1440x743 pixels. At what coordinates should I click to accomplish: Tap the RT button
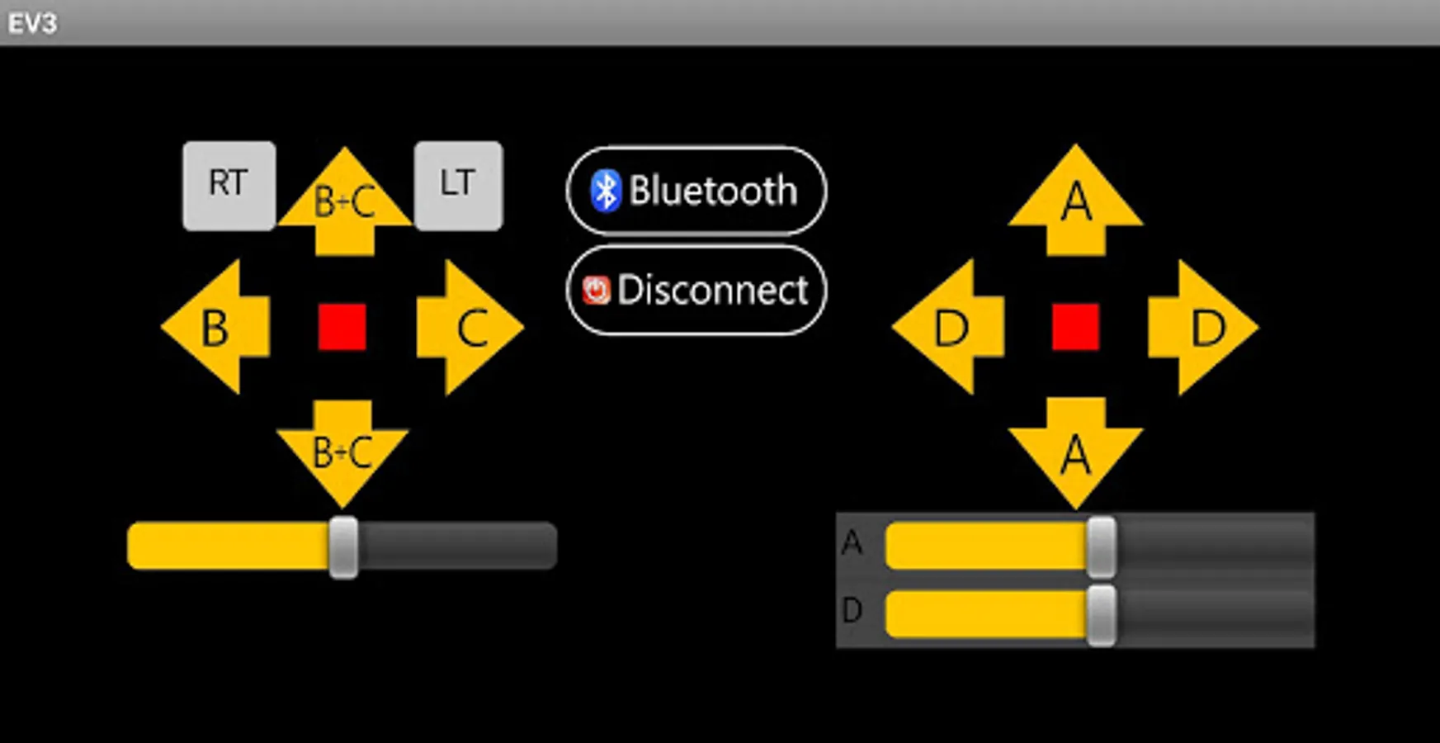tap(229, 186)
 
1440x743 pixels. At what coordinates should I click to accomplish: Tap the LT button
tap(458, 186)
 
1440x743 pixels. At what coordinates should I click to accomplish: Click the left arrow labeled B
tap(215, 327)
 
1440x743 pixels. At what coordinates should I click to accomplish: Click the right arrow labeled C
tap(470, 327)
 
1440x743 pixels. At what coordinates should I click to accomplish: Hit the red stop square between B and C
tap(342, 326)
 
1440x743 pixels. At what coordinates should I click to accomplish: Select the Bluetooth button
tap(696, 191)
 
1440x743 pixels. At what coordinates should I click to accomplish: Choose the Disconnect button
tap(696, 290)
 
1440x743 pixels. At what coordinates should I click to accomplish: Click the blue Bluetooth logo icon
tap(606, 191)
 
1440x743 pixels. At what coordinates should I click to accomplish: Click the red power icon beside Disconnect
tap(596, 290)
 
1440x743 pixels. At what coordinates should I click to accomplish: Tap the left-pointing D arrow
tap(948, 327)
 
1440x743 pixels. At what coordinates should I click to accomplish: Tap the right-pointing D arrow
tap(1203, 327)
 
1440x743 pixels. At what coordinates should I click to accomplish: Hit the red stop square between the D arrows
tap(1075, 326)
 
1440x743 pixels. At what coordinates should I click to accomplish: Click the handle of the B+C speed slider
tap(343, 547)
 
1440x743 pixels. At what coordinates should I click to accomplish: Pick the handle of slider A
tap(1102, 547)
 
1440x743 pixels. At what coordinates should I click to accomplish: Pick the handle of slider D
tap(1102, 615)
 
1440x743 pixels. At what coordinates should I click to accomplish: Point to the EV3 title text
tap(32, 23)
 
